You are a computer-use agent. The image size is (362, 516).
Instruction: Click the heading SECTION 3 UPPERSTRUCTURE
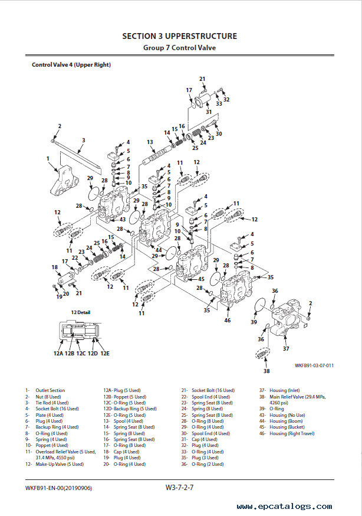click(179, 36)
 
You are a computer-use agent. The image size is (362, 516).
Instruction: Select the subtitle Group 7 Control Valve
click(179, 48)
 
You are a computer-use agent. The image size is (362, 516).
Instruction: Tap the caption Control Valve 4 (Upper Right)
click(71, 65)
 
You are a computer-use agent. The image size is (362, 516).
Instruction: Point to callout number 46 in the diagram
click(228, 320)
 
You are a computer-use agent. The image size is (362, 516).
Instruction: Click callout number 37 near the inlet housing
click(287, 348)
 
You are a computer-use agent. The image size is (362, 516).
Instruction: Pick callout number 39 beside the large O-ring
click(254, 322)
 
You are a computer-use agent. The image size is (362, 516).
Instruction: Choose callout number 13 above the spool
click(150, 142)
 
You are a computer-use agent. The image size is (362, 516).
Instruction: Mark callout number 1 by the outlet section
click(48, 158)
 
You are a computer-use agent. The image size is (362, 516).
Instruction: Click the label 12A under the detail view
click(58, 353)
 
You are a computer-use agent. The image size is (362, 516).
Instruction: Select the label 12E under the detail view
click(105, 353)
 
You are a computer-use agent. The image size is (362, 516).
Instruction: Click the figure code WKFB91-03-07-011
click(314, 365)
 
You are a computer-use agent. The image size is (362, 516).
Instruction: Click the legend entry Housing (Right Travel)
click(292, 433)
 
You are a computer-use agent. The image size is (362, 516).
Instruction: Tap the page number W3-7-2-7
click(180, 488)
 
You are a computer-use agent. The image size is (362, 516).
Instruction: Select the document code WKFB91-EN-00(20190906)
click(59, 488)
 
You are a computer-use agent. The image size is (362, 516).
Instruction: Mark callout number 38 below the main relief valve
click(266, 371)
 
